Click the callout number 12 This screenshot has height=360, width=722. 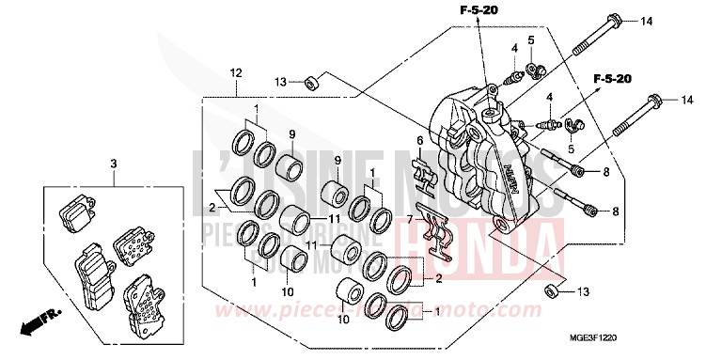click(235, 73)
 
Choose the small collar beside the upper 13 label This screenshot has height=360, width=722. click(310, 84)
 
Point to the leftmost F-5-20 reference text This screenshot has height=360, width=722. click(479, 10)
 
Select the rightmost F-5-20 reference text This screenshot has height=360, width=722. click(610, 80)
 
